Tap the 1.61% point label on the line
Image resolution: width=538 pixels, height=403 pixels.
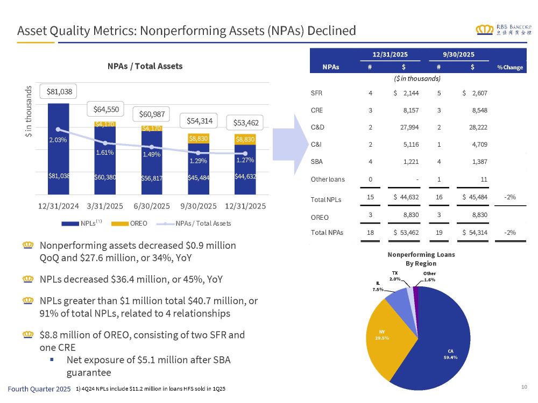pyautogui.click(x=105, y=153)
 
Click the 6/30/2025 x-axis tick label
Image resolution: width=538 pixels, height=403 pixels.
pyautogui.click(x=152, y=206)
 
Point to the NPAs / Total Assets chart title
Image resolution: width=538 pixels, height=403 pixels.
pyautogui.click(x=145, y=66)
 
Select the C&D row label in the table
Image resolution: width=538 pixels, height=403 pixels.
pyautogui.click(x=318, y=127)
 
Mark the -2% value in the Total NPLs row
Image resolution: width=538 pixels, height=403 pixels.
pyautogui.click(x=509, y=197)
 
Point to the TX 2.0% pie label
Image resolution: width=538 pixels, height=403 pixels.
pyautogui.click(x=395, y=276)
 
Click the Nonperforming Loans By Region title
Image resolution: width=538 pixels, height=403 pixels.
pyautogui.click(x=421, y=258)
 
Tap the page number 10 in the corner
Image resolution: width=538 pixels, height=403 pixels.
pyautogui.click(x=524, y=387)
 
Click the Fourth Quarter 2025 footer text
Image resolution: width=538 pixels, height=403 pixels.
pyautogui.click(x=38, y=388)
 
